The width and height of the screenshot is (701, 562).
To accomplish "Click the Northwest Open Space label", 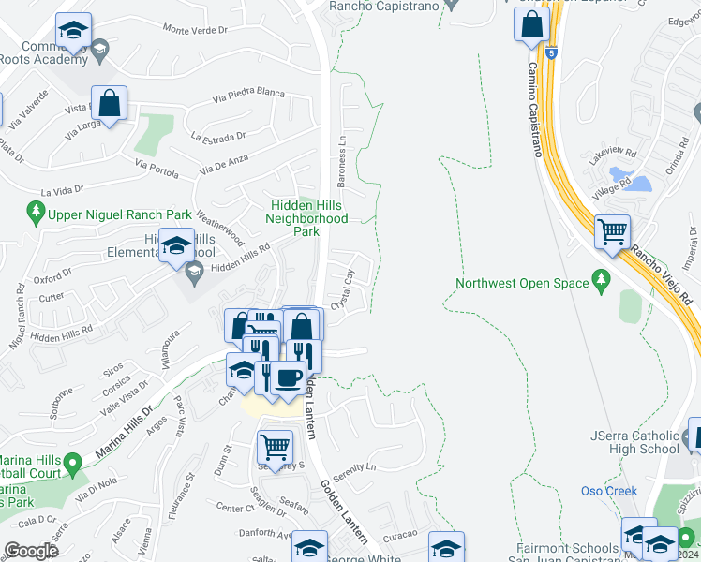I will point(522,283).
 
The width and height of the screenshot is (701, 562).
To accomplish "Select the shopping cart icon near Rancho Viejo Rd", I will point(612,229).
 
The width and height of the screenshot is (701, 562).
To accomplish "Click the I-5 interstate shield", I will point(552,53).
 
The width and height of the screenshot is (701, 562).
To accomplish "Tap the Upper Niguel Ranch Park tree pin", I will point(37,214).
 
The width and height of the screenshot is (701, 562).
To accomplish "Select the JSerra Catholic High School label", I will point(634,442).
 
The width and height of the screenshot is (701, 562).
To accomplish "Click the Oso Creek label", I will point(608,491).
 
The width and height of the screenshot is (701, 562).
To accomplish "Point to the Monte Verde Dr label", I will point(196,30).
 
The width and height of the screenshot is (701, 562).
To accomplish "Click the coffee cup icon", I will point(288,377).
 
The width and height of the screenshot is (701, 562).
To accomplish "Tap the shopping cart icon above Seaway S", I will point(275,446).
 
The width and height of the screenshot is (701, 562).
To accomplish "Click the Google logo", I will point(32,551).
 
